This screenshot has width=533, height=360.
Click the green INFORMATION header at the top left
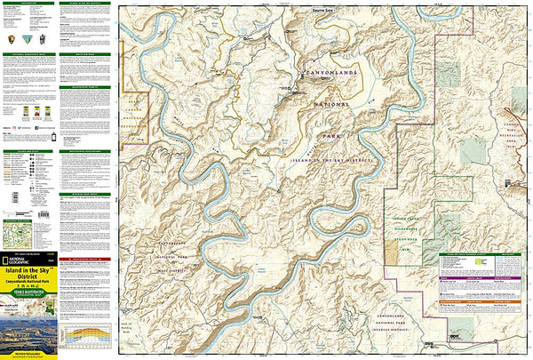click(x=29, y=4)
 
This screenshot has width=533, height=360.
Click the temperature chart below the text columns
click(x=87, y=332)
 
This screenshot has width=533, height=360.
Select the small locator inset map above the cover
click(x=16, y=233)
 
